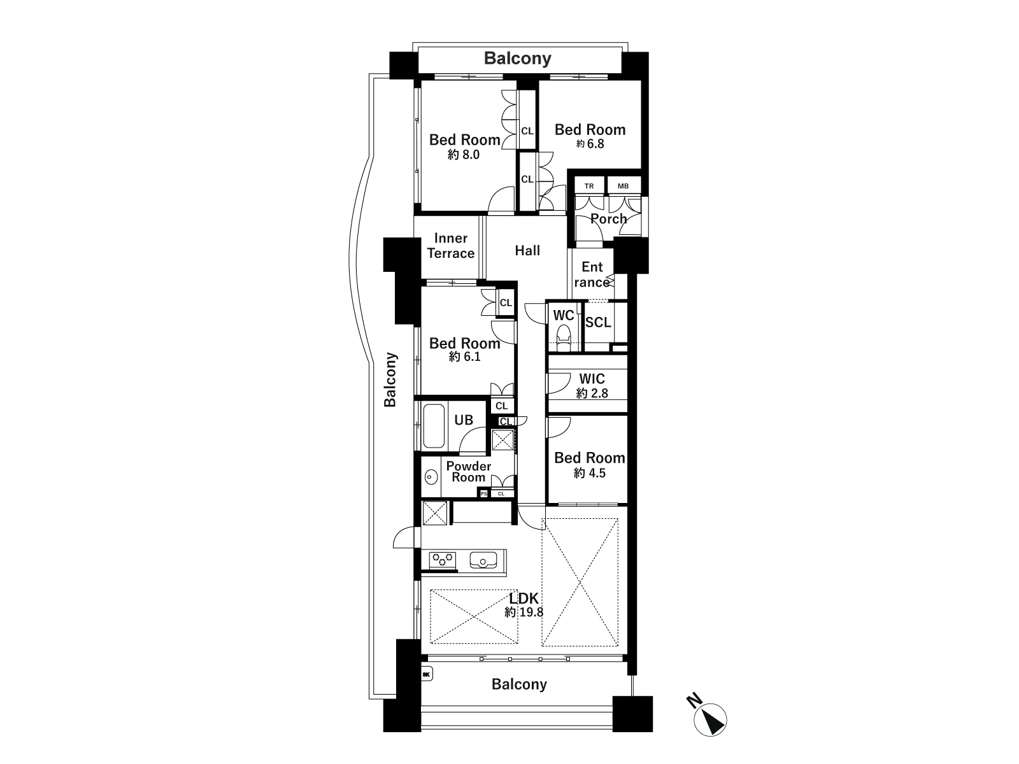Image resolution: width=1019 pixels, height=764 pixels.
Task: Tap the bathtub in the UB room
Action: click(434, 426)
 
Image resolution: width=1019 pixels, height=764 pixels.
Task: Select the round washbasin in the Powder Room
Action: click(431, 476)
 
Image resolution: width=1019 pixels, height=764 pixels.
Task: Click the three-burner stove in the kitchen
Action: click(443, 559)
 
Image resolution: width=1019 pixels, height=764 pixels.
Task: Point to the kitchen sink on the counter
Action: click(483, 560)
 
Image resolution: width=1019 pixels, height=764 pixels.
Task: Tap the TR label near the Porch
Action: click(589, 186)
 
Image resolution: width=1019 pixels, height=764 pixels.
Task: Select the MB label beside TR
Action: click(623, 186)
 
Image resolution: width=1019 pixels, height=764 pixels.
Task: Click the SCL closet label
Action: click(598, 322)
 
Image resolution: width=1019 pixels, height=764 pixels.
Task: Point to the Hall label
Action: click(527, 251)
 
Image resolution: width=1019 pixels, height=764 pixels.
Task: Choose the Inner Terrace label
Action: click(451, 246)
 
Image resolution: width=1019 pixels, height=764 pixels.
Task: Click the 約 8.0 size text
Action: click(463, 155)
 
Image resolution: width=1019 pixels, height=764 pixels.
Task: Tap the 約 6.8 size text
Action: click(590, 144)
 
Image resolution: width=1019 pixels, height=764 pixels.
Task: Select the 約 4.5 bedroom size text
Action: click(590, 473)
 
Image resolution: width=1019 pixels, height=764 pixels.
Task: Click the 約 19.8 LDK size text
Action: click(524, 612)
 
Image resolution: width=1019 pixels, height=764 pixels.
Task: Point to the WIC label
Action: click(592, 379)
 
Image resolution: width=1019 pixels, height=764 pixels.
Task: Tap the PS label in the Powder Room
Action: click(484, 493)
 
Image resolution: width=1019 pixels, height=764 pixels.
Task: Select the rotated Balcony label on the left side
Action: click(390, 380)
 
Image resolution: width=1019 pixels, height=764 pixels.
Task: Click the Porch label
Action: click(608, 219)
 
